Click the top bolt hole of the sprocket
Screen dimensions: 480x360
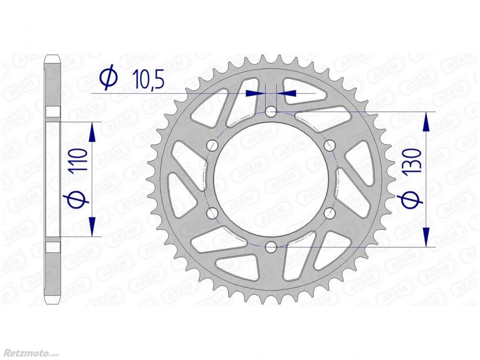coord(271,112)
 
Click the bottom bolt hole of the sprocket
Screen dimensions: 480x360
coord(271,247)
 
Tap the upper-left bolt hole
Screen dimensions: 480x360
coord(213,146)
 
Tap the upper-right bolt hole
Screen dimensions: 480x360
coord(329,146)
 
